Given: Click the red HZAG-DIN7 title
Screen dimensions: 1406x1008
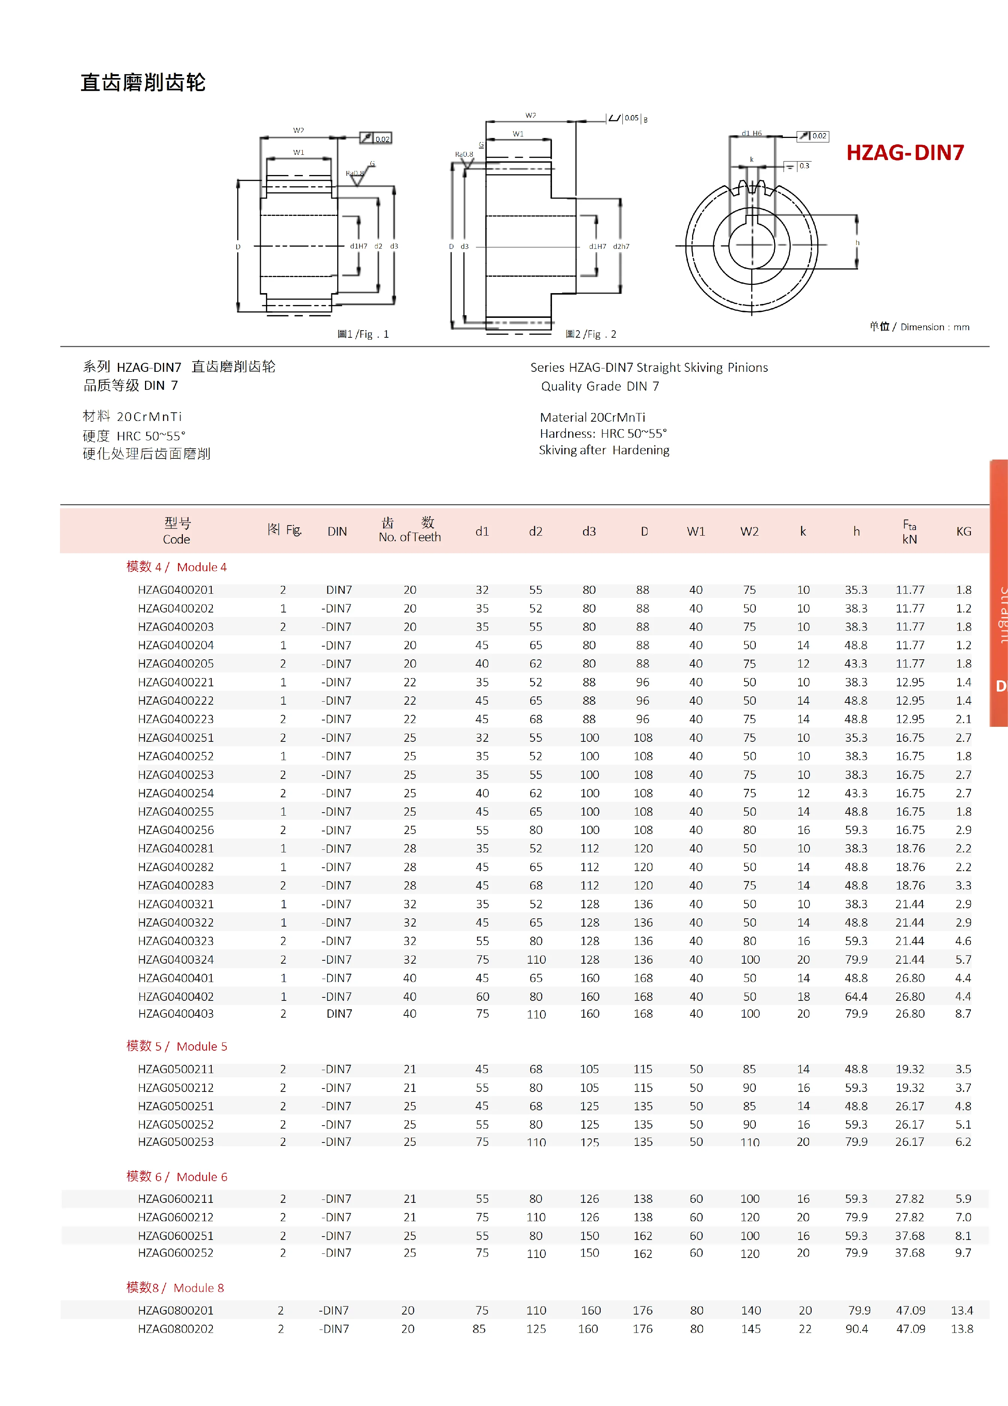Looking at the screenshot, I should click(x=905, y=153).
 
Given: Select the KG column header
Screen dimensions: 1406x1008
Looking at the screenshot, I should click(x=963, y=531).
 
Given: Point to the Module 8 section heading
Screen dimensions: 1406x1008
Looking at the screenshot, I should click(x=175, y=1288).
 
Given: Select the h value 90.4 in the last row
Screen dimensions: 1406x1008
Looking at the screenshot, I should click(x=856, y=1328).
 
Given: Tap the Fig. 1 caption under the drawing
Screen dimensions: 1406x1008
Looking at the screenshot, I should click(x=363, y=334).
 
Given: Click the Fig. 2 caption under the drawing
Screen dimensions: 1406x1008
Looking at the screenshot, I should click(x=591, y=334).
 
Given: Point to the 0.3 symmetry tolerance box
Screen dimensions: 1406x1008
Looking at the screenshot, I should click(x=803, y=166).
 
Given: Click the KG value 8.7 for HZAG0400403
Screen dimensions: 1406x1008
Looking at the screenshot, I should click(x=963, y=1014).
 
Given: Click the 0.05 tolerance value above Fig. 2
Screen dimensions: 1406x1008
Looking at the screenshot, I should click(x=631, y=118).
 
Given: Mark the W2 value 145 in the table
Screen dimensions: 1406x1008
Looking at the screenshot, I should click(x=750, y=1328).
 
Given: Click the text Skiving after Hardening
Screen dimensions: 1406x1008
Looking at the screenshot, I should click(x=604, y=450).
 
